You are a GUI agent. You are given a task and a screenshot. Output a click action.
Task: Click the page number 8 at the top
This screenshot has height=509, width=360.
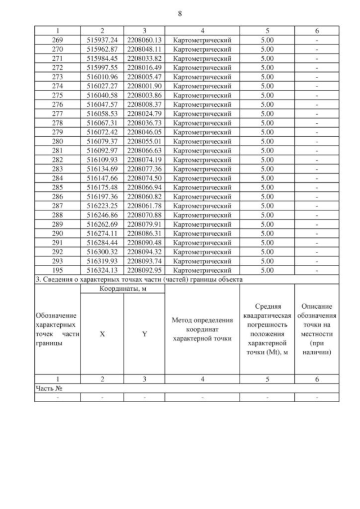179,12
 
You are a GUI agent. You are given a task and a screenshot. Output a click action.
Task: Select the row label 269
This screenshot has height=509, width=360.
57,40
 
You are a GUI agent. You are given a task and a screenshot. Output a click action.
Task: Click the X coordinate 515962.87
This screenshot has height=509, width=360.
102,49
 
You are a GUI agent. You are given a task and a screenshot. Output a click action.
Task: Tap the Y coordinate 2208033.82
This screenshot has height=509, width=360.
144,58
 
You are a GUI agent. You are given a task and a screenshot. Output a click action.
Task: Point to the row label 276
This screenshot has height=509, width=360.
57,104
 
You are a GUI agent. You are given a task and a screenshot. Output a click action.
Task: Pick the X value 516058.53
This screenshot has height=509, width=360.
102,113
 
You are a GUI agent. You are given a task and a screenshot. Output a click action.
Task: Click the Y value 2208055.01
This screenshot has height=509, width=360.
144,141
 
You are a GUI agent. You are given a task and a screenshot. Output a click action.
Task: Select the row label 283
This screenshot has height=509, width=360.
57,168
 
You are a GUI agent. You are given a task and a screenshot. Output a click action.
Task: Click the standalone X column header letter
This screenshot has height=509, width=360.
102,333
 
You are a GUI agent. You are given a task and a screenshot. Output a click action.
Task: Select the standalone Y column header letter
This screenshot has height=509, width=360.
144,333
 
